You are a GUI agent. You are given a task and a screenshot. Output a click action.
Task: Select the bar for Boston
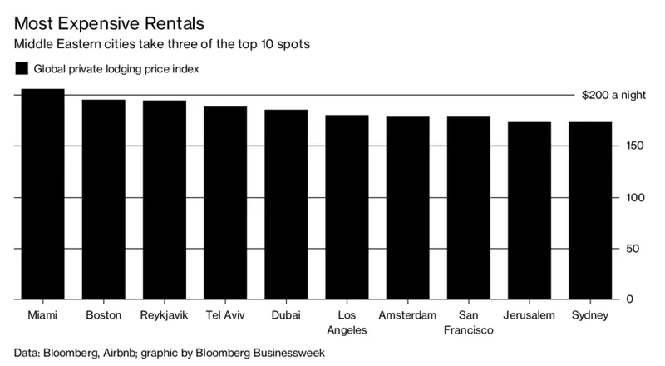pos(104,200)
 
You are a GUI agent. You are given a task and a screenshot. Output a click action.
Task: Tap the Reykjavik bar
pos(165,200)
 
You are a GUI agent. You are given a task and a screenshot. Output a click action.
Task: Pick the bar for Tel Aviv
pos(225,203)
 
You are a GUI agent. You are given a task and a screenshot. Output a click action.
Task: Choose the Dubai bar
pos(286,205)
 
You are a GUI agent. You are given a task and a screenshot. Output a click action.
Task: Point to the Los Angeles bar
pos(347,207)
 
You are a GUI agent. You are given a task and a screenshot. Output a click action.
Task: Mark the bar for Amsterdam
pos(408,208)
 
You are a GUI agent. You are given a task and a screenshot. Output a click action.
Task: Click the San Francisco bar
pos(469,208)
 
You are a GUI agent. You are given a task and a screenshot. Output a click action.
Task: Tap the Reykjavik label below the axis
pos(165,316)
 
